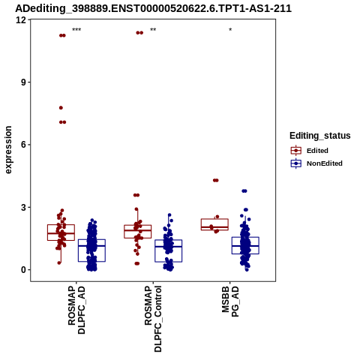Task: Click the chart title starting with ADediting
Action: [153, 8]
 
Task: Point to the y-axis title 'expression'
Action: [8, 150]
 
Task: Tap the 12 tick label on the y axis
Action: [21, 19]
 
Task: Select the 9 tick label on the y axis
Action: [24, 82]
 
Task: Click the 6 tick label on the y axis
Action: [24, 145]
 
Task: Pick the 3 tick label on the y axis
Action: [24, 207]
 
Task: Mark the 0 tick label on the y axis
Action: [24, 270]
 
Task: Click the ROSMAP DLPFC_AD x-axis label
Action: [76, 310]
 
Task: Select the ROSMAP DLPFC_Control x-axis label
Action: [153, 319]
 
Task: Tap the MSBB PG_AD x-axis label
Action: [230, 301]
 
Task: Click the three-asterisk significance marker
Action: [76, 30]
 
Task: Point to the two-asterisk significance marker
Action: [153, 30]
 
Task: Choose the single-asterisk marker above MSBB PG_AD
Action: [230, 30]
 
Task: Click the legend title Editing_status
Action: [320, 136]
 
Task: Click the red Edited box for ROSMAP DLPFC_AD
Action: [61, 225]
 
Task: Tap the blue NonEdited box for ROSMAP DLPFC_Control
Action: [168, 240]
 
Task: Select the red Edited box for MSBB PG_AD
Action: [214, 219]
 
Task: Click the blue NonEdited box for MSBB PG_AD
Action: [245, 237]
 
